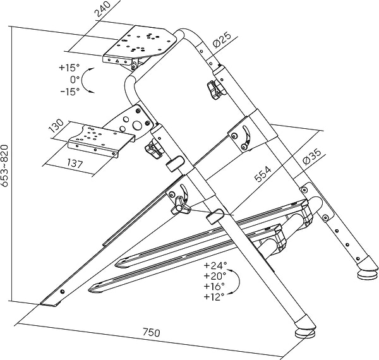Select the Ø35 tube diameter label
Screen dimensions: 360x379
point(311,155)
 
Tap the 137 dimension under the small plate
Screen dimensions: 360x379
point(75,164)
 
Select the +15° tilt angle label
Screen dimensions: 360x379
point(69,68)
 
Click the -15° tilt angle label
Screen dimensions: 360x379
point(69,91)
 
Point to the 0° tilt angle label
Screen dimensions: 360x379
point(75,80)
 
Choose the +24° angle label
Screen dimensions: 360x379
point(215,266)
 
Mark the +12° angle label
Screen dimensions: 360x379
point(215,296)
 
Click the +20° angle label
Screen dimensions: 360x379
point(215,276)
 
